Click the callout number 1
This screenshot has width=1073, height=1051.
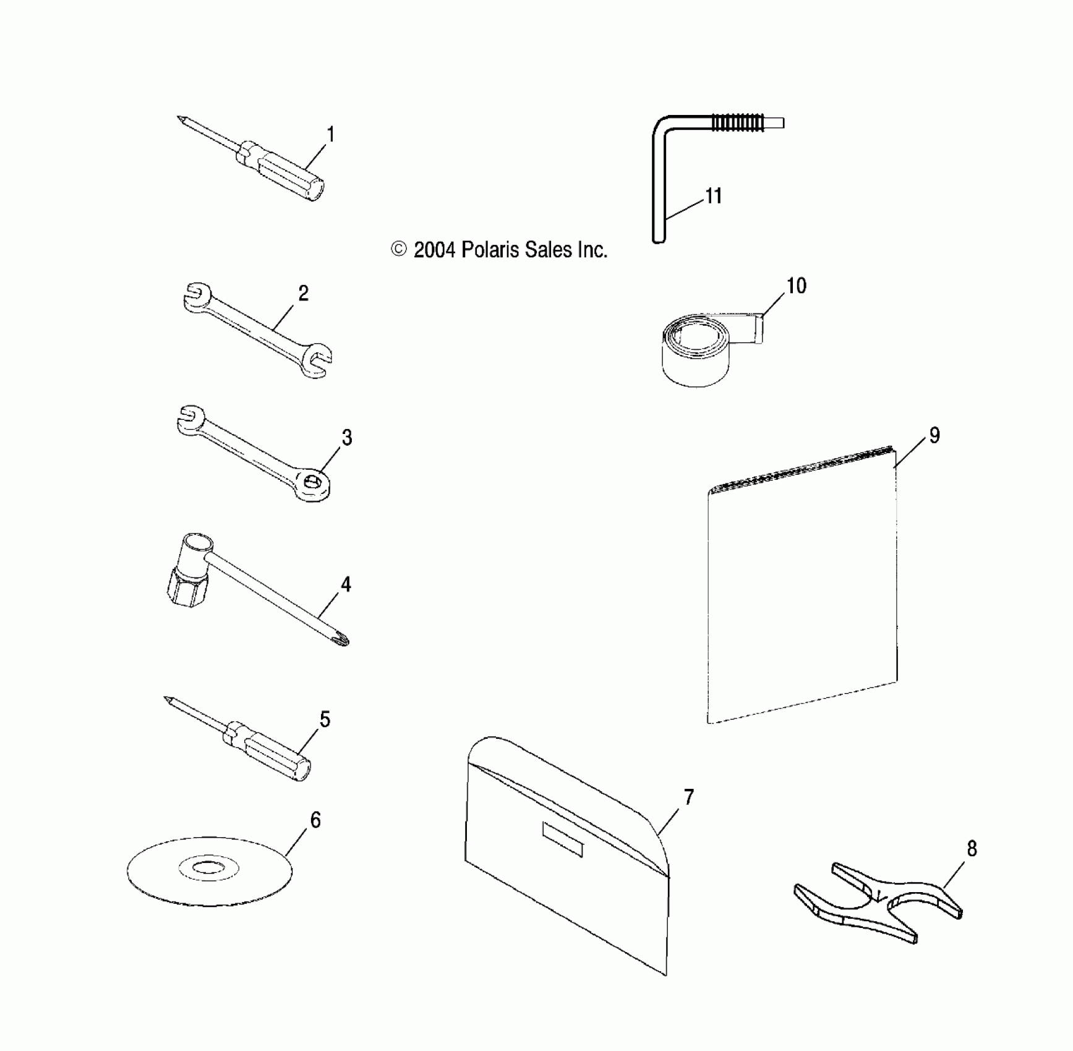point(331,135)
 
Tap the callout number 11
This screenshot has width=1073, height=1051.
point(714,196)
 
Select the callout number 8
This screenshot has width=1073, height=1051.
point(972,849)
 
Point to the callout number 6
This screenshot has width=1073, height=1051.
point(315,820)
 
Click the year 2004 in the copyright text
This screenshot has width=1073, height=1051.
point(434,250)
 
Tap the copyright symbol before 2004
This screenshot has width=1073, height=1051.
point(400,249)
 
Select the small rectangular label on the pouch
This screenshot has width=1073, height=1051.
point(562,839)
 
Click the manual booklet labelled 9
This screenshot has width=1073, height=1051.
point(802,587)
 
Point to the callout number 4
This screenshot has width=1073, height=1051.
point(346,584)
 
